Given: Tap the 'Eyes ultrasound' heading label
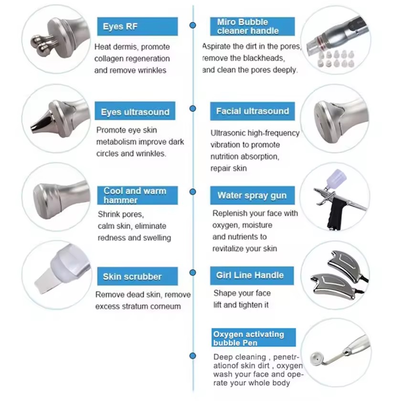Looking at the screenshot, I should click(x=135, y=112).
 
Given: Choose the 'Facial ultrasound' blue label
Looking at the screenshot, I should click(x=252, y=111).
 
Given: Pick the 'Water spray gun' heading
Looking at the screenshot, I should click(x=252, y=195).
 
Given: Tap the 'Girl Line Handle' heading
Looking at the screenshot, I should click(x=250, y=275).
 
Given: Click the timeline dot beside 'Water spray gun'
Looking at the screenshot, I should click(x=193, y=191).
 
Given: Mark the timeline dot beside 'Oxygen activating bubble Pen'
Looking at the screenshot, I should click(x=193, y=356).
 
